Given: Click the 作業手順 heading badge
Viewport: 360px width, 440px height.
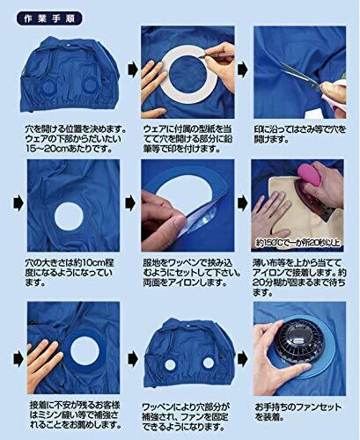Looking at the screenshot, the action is point(49,18).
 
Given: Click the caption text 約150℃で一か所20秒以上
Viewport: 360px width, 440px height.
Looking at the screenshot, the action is point(298,243).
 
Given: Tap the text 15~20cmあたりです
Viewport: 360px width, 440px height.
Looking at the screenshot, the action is point(69,149).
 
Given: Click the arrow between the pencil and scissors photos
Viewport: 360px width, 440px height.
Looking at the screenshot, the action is point(243,70).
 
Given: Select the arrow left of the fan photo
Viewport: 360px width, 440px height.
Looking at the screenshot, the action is point(243,358).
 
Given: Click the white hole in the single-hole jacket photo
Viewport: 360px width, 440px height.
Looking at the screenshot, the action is point(69,216).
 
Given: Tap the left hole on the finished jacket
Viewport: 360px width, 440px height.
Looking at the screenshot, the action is point(170,364).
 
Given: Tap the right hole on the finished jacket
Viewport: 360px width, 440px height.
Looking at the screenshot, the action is point(209,363).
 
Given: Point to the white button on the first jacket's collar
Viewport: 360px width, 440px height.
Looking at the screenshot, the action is point(68,45).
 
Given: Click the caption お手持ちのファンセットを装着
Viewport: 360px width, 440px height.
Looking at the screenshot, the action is point(298,412).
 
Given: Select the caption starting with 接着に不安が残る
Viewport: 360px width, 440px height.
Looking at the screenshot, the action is point(75,415).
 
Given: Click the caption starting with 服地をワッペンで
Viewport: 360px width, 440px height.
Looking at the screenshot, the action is point(192,273).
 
